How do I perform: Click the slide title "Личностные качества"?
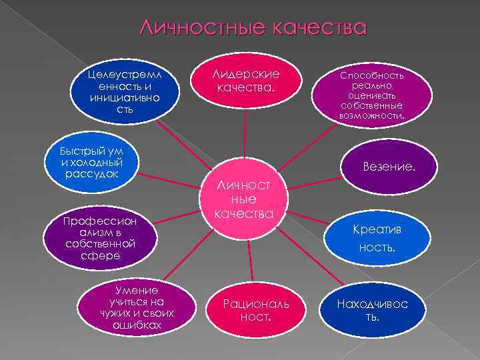pyautogui.click(x=253, y=28)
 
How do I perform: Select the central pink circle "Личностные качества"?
pyautogui.click(x=247, y=197)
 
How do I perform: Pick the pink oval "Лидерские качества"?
pyautogui.click(x=245, y=81)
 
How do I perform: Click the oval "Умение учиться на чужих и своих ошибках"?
pyautogui.click(x=137, y=307)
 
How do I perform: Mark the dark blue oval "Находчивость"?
pyautogui.click(x=373, y=309)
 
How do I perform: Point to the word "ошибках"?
pyautogui.click(x=137, y=325)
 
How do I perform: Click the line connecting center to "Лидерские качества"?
pyautogui.click(x=246, y=137)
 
